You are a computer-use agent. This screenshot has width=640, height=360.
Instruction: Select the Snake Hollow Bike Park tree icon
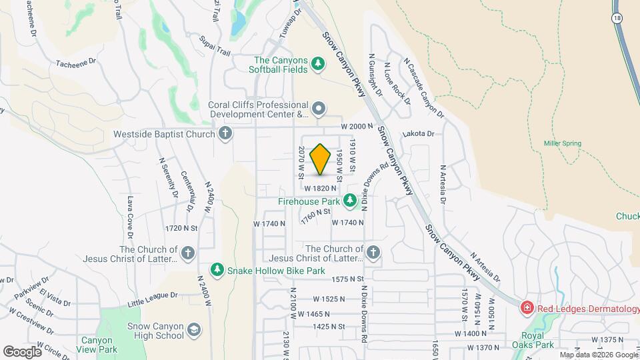(x=217, y=270)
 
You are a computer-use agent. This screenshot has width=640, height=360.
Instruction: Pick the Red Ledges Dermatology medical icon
(x=527, y=307)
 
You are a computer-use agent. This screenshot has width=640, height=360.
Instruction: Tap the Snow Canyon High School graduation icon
(x=193, y=329)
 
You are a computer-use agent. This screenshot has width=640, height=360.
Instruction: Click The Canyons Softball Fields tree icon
(x=318, y=64)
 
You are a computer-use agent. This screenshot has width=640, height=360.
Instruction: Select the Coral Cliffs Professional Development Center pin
(x=319, y=108)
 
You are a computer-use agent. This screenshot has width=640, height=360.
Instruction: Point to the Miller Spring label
(x=562, y=143)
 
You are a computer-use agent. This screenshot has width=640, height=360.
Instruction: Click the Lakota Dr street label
(x=418, y=134)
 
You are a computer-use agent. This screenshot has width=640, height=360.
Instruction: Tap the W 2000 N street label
(x=355, y=126)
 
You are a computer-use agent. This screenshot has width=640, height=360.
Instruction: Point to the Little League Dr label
(x=155, y=294)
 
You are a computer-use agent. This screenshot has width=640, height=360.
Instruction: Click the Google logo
(x=22, y=351)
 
